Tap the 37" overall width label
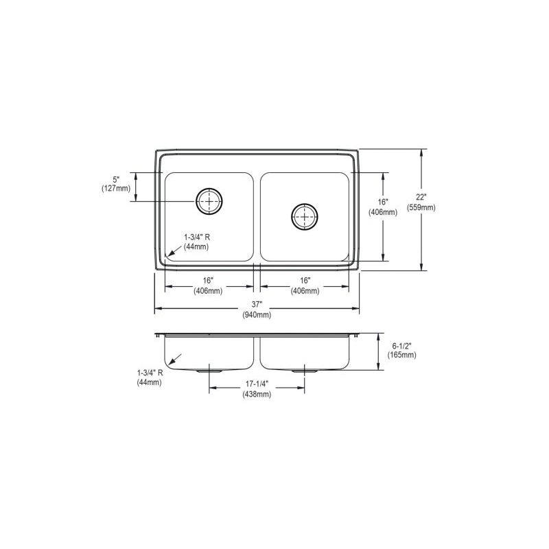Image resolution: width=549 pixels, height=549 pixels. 257,305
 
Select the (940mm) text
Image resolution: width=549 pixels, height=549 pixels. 257,315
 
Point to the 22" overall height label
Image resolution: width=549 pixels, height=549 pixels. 421,198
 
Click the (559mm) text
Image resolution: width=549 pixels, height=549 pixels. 421,208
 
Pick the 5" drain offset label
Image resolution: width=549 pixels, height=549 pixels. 116,179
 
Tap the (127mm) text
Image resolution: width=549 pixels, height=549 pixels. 116,188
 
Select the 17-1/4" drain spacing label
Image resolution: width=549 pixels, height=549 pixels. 257,384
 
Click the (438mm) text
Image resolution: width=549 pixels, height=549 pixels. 257,394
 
